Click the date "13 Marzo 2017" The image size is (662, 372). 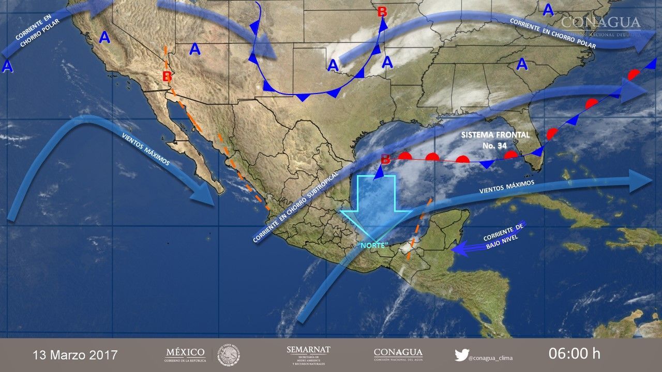(75, 355)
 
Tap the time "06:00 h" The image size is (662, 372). (574, 354)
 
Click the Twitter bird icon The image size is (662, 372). (461, 355)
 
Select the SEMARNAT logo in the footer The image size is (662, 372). (308, 354)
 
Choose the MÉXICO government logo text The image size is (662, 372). (185, 354)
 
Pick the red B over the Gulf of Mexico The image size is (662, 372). (385, 159)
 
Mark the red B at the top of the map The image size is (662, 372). (382, 11)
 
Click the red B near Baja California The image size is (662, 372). (167, 76)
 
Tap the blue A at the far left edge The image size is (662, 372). (7, 66)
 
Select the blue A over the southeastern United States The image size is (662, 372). (522, 65)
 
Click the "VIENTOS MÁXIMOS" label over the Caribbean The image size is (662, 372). (506, 187)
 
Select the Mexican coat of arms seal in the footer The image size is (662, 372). (228, 355)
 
